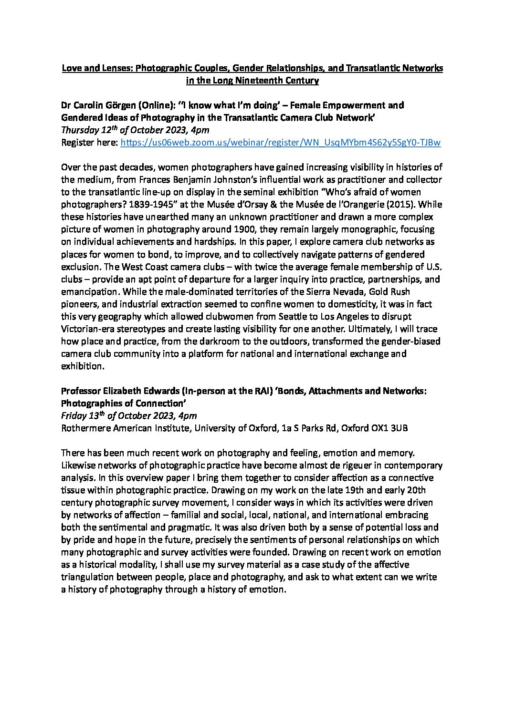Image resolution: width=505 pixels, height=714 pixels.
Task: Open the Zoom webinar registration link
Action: pyautogui.click(x=280, y=142)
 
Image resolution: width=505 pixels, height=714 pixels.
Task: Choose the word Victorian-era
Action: pyautogui.click(x=88, y=329)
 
